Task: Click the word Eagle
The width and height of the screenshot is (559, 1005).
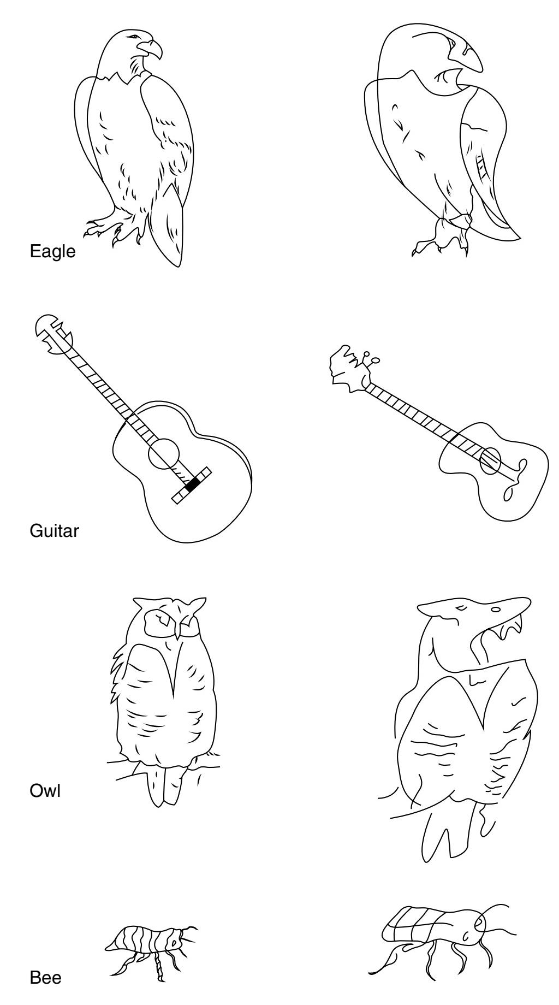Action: (52, 251)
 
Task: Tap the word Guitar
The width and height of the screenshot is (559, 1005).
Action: (54, 530)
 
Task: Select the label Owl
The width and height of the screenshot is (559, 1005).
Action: (45, 790)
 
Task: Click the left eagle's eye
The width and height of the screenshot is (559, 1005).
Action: (133, 37)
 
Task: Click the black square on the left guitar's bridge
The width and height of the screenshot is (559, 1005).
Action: (192, 484)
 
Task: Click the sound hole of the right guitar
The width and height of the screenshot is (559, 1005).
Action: (490, 460)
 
